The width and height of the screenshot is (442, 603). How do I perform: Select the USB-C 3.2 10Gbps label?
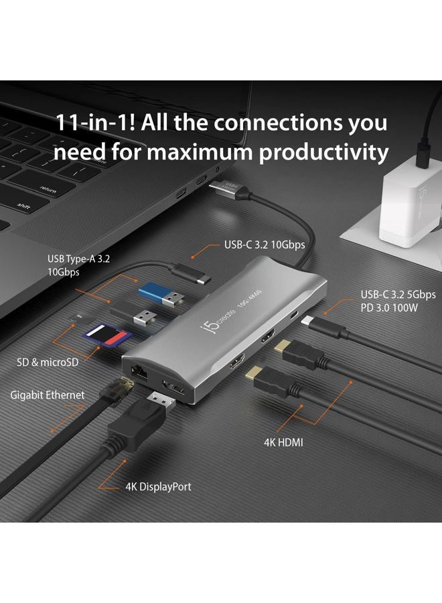coord(264,245)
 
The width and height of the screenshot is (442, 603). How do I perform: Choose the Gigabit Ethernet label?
coord(48,395)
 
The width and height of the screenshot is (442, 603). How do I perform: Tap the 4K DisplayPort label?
coord(158,486)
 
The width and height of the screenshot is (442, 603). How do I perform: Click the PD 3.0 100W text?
coord(397,309)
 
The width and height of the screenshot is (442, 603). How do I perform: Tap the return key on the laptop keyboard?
coord(48,190)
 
